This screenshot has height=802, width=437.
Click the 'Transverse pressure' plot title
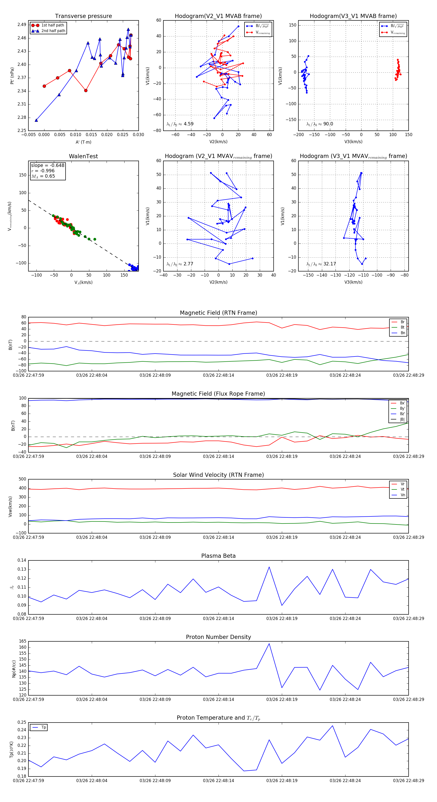[83, 16]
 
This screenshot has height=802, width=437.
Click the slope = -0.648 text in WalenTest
[48, 165]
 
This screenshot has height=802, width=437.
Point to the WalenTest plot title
[83, 156]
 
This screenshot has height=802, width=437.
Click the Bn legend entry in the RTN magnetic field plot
[403, 333]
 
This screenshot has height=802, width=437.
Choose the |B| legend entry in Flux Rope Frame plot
[402, 419]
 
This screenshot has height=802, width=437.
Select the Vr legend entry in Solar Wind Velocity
[403, 484]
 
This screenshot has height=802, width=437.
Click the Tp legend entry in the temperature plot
[43, 728]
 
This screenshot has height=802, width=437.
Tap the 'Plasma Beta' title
[218, 556]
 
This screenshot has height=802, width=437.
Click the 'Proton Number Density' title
[218, 637]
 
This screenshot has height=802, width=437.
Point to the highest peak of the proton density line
[269, 644]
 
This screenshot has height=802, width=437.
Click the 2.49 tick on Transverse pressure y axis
[22, 25]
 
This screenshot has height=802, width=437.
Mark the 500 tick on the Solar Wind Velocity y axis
[22, 479]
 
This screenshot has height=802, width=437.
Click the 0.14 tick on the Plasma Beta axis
[22, 560]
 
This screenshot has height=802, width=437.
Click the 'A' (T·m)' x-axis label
[83, 142]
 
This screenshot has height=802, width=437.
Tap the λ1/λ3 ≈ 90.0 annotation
[319, 124]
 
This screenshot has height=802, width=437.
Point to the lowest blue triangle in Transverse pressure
[36, 120]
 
